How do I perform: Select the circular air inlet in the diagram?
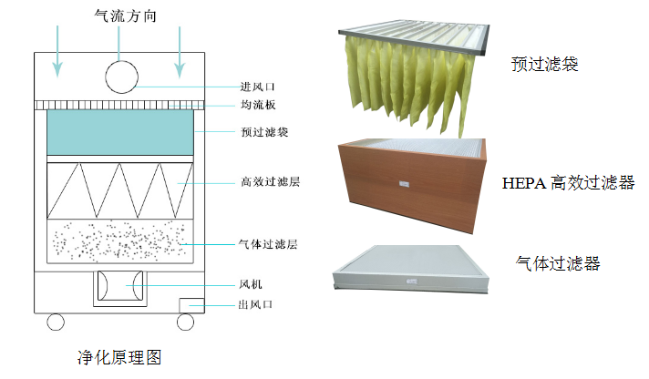point(120,75)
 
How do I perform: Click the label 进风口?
point(257,88)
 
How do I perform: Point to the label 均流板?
point(257,106)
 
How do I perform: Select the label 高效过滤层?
point(270,183)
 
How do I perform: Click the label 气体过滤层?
point(270,245)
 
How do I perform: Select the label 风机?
point(251,286)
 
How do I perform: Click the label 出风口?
point(257,305)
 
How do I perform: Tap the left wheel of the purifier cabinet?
point(57,322)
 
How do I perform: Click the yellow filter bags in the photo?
point(410,77)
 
